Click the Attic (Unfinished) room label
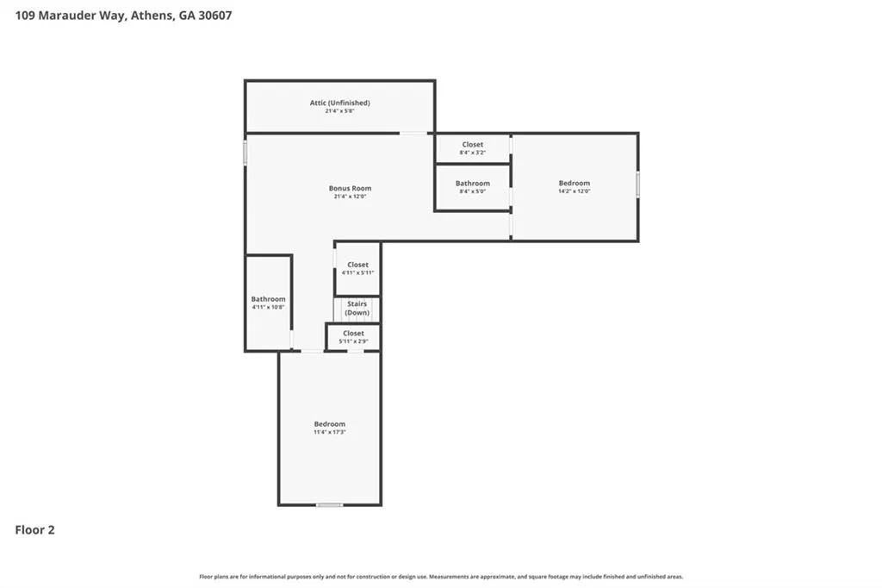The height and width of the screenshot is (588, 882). point(339,103)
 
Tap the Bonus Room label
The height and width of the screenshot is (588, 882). point(350,188)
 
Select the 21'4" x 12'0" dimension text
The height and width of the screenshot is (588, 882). point(350,197)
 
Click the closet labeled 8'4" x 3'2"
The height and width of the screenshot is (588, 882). point(473,148)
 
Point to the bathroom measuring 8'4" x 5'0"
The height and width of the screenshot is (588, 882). point(473,187)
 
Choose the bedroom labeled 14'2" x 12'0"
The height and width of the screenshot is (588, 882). point(575,186)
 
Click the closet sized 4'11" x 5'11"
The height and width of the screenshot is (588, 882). point(357,268)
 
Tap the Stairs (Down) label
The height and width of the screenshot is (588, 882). point(357,308)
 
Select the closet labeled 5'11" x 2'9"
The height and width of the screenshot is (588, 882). point(353,337)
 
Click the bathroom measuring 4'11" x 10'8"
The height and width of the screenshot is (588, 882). point(269,303)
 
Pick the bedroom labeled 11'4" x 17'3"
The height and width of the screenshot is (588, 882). point(330,428)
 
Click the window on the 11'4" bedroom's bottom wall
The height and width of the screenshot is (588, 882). point(329,504)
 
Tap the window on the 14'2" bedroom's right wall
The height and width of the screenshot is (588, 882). point(637,185)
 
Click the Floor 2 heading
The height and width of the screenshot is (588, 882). point(34,530)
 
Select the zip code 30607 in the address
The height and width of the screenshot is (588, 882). point(214,16)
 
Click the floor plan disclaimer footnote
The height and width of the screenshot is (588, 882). point(441,577)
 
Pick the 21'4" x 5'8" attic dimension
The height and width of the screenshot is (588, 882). point(339,111)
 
